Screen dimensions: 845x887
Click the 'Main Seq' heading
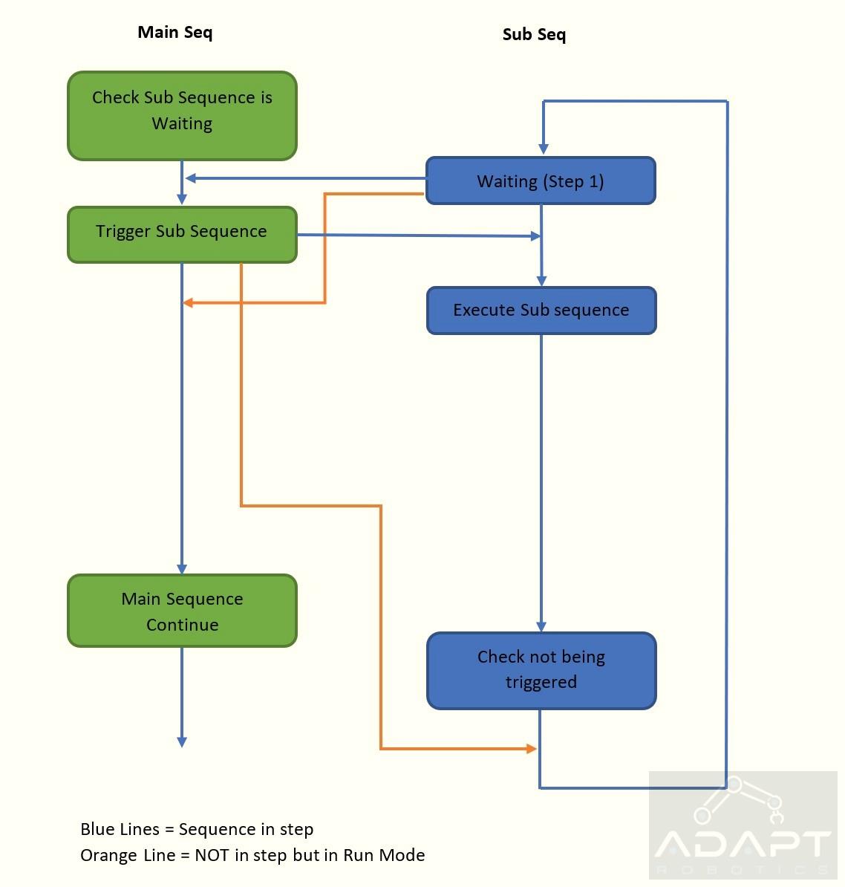point(175,32)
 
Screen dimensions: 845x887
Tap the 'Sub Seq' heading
point(534,34)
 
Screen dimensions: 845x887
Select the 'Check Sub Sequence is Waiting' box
point(182,116)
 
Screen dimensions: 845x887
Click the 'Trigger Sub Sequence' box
point(182,235)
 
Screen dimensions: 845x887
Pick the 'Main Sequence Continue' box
point(182,611)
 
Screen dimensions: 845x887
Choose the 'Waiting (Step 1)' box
point(541,181)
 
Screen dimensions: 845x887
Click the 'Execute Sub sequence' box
point(541,311)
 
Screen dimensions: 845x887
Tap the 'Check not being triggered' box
point(541,670)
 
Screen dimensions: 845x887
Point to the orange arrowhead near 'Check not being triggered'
point(531,749)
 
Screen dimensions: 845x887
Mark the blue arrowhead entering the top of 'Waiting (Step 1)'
point(544,149)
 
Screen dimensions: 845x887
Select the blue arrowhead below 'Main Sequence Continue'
point(182,742)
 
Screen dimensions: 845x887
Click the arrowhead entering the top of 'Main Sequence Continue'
point(182,569)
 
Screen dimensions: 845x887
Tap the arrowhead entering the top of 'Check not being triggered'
point(541,627)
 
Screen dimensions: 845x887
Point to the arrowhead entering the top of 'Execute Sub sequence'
point(541,281)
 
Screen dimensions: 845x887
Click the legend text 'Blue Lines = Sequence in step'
point(197,829)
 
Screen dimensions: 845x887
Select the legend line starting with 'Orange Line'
point(252,855)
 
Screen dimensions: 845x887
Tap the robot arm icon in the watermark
point(739,800)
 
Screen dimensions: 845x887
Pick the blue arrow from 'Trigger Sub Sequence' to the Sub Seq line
point(419,235)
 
